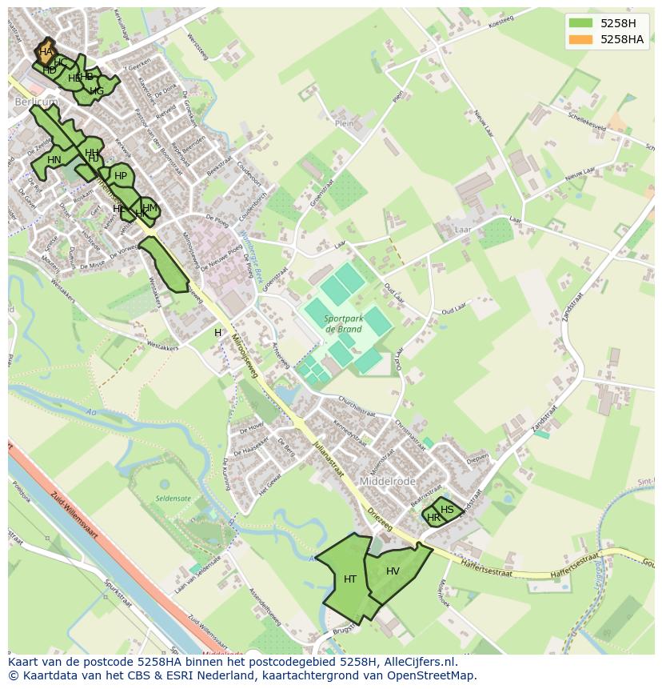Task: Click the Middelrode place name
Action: [387, 482]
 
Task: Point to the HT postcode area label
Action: [350, 579]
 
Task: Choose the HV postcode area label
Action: [393, 571]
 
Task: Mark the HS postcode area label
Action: [447, 510]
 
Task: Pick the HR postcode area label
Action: [433, 518]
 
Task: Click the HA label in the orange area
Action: [46, 52]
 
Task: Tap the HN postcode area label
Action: [54, 160]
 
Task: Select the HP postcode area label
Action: [121, 176]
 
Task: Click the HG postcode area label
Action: [96, 91]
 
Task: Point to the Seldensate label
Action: [173, 499]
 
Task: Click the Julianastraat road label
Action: [328, 457]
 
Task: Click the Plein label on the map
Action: [345, 123]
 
